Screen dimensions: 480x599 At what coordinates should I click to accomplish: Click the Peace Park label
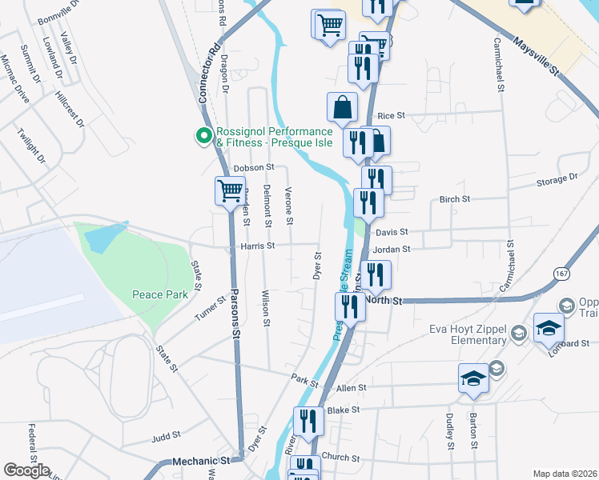(x=160, y=294)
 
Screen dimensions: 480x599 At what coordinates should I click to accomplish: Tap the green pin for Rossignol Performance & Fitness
(x=202, y=137)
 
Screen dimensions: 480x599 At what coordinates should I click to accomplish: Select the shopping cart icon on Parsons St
(x=229, y=191)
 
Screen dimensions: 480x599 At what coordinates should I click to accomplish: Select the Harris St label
(x=257, y=246)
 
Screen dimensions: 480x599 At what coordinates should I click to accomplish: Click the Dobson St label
(x=254, y=168)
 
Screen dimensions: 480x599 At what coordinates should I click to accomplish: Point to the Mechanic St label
(x=203, y=461)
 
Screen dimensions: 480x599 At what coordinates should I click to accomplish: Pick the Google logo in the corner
(x=26, y=470)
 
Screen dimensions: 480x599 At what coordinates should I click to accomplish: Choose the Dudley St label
(x=450, y=431)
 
